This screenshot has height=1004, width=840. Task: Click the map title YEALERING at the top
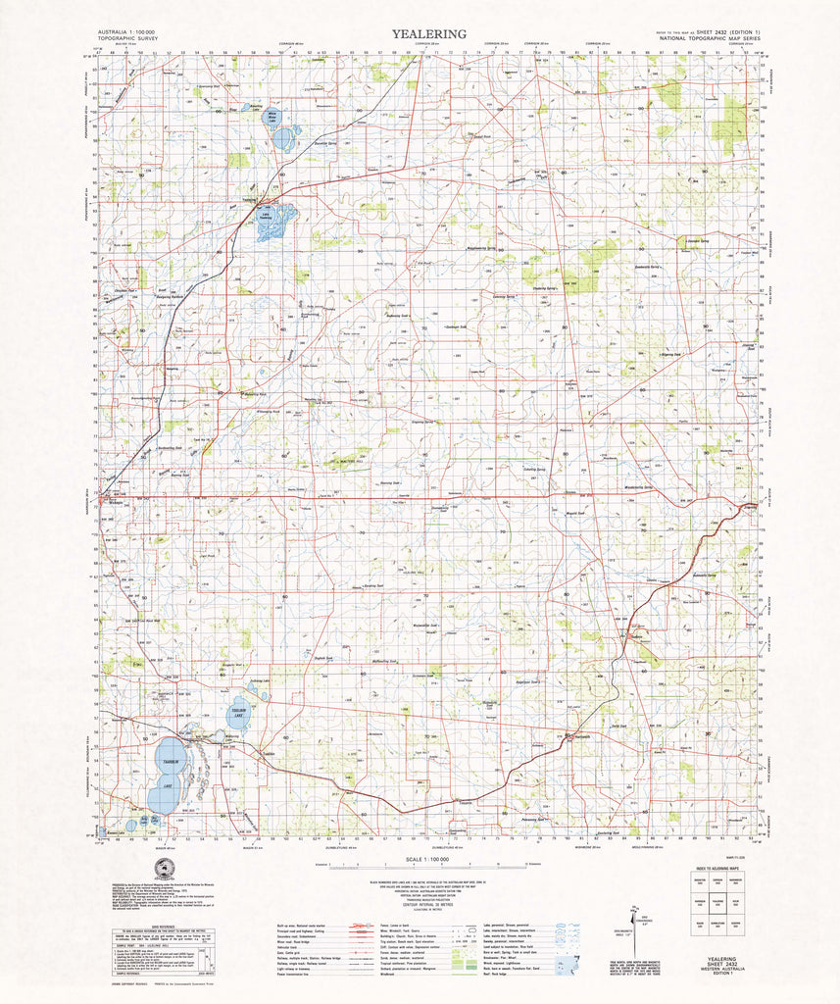click(429, 33)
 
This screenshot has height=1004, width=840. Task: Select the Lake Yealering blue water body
click(271, 222)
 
